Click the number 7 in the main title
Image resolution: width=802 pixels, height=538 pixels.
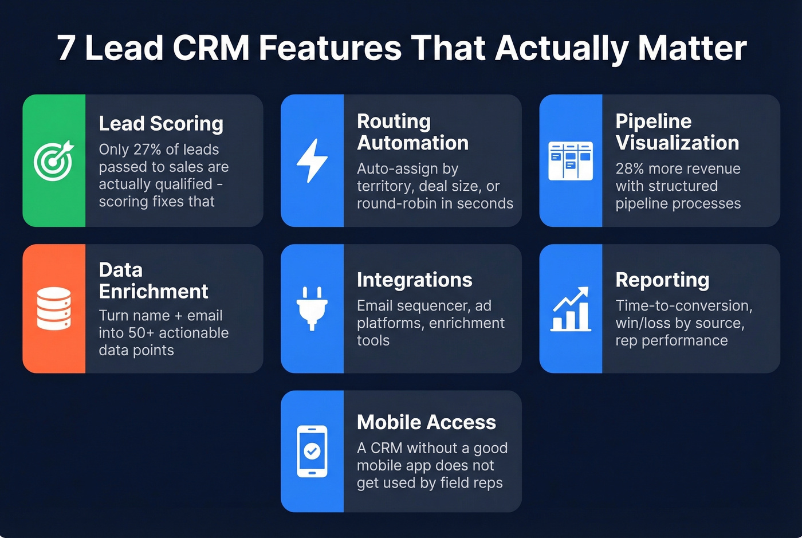pos(66,48)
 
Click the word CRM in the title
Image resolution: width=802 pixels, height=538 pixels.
pos(211,48)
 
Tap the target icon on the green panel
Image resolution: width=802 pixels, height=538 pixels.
pos(54,160)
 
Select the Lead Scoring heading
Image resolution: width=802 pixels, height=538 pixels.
pos(161,124)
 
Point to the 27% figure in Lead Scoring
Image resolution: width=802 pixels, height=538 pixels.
pos(147,150)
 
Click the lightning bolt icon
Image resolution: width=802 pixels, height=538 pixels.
pos(312,161)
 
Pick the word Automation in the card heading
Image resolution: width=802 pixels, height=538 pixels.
pos(412,143)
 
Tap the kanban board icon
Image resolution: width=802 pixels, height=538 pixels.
pos(571,161)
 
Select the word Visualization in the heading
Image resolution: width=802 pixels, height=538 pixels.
pos(677,143)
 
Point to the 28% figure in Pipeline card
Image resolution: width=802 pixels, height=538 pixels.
pos(630,169)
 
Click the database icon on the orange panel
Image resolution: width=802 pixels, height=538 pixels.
pos(54,309)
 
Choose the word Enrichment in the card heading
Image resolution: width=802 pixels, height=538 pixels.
pos(154,292)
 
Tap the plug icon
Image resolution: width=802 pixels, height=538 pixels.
pos(312,309)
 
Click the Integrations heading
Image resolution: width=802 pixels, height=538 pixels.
pos(414,280)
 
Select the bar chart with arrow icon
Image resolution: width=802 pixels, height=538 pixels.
pos(571,309)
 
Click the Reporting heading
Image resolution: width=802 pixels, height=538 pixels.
pos(662,280)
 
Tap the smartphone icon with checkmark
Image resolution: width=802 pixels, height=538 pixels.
pos(312,451)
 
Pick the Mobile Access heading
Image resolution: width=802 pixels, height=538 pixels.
pos(426,422)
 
